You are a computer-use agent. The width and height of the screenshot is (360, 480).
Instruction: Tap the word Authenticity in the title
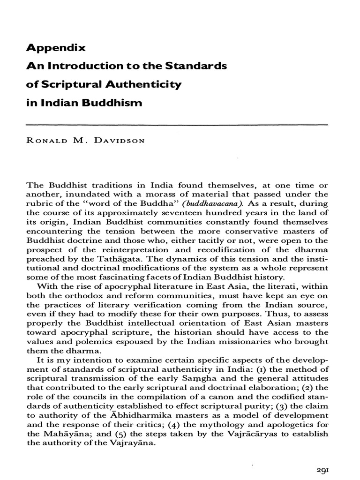pyautogui.click(x=136, y=84)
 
